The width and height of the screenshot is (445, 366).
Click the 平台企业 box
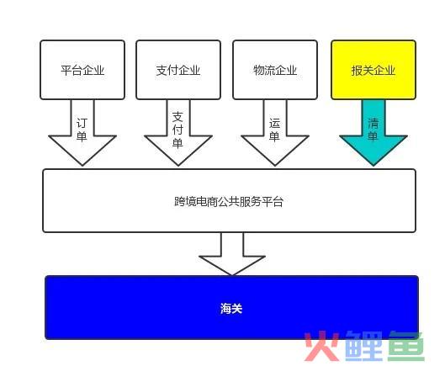tap(82, 70)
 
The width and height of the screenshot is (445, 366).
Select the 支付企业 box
tap(178, 70)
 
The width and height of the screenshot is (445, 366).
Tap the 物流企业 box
tap(275, 70)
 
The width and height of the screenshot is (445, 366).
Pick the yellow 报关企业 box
tap(373, 70)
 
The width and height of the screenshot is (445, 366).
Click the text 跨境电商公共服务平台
tap(229, 202)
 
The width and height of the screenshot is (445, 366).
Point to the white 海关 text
tap(231, 308)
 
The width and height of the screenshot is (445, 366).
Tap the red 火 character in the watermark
tap(322, 346)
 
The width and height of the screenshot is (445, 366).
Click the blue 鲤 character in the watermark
tap(364, 346)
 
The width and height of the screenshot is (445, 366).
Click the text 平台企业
tap(82, 70)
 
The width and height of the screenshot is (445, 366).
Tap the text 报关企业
tap(373, 70)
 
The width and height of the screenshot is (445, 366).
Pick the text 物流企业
tap(275, 70)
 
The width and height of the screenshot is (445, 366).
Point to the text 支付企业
tap(178, 70)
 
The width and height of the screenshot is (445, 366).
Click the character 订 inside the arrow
tap(82, 124)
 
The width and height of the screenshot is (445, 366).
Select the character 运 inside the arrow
tap(275, 124)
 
